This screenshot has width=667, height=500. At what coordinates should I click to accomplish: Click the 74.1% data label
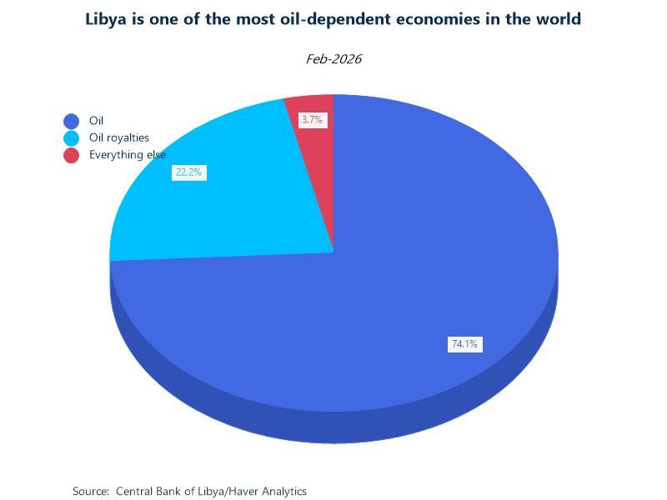(464, 344)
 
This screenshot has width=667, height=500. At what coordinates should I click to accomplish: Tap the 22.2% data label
(188, 172)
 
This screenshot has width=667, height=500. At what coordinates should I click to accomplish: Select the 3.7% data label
(312, 120)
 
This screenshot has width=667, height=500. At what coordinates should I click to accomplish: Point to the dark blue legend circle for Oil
(71, 121)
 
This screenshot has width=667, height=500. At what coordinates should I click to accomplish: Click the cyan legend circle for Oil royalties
(71, 138)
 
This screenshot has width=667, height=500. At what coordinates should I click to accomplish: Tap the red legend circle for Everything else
(71, 155)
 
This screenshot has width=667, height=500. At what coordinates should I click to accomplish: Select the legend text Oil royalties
(118, 137)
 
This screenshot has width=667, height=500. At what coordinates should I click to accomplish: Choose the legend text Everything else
(127, 155)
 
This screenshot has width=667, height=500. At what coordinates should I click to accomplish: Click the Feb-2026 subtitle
(333, 59)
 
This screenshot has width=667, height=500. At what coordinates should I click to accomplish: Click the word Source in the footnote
(90, 492)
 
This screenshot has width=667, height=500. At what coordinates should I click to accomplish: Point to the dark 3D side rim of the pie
(333, 427)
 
